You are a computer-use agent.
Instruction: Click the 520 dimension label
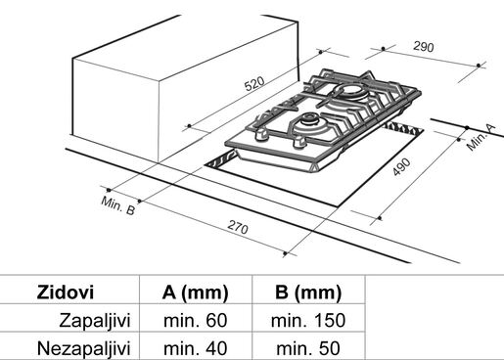[254, 83]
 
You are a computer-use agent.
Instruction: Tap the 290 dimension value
[424, 47]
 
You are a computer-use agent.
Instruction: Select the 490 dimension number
[401, 167]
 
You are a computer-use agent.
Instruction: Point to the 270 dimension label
[238, 227]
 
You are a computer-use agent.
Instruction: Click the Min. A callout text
[481, 137]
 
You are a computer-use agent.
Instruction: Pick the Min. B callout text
[117, 205]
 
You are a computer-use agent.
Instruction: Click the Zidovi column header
[66, 292]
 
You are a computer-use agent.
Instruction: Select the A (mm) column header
[195, 292]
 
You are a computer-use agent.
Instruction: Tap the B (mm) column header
[308, 292]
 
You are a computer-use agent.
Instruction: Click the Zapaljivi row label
[95, 320]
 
